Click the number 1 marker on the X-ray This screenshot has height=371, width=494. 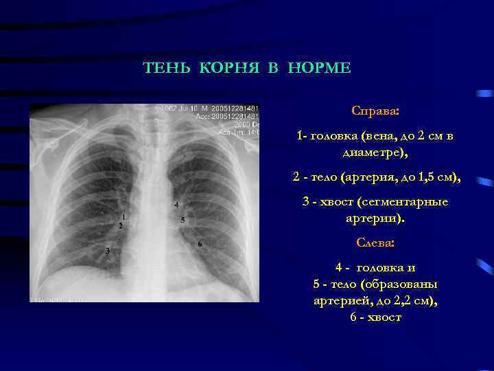123,217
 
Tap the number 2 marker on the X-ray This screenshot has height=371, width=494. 121,225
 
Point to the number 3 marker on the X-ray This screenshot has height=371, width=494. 107,251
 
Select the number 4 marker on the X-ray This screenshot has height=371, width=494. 176,205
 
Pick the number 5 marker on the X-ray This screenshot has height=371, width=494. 183,220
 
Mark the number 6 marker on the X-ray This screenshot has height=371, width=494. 200,245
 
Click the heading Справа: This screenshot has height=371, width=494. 375,111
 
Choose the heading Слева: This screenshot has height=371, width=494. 375,243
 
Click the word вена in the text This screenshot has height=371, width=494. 383,136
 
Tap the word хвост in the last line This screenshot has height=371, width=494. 385,317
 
